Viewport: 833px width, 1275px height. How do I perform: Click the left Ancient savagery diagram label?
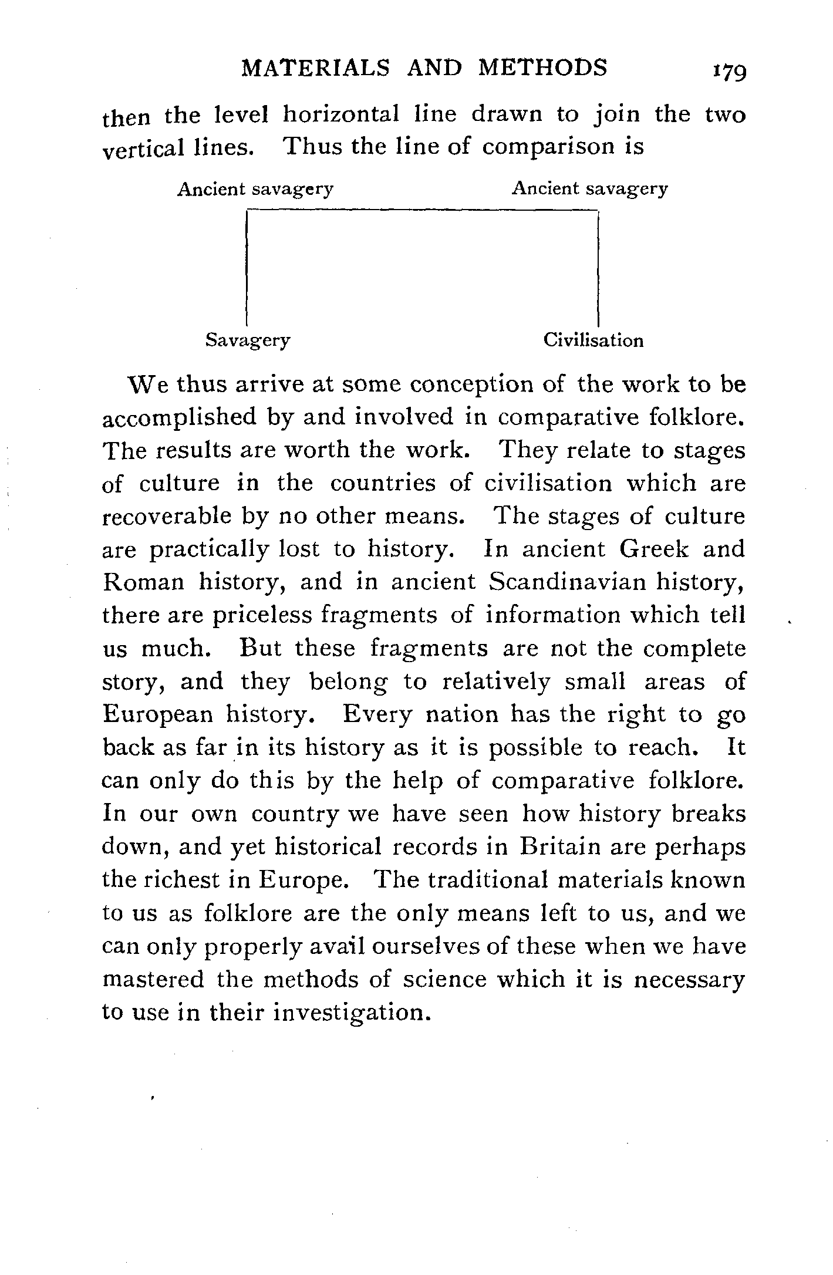click(255, 190)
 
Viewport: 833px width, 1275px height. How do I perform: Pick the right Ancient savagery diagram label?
click(590, 188)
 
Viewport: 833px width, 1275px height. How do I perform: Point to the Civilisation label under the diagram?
click(593, 340)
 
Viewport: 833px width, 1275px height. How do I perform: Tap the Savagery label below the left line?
click(248, 340)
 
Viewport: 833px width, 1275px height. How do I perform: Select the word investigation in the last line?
click(349, 1013)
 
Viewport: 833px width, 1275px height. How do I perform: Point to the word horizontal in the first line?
click(341, 114)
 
